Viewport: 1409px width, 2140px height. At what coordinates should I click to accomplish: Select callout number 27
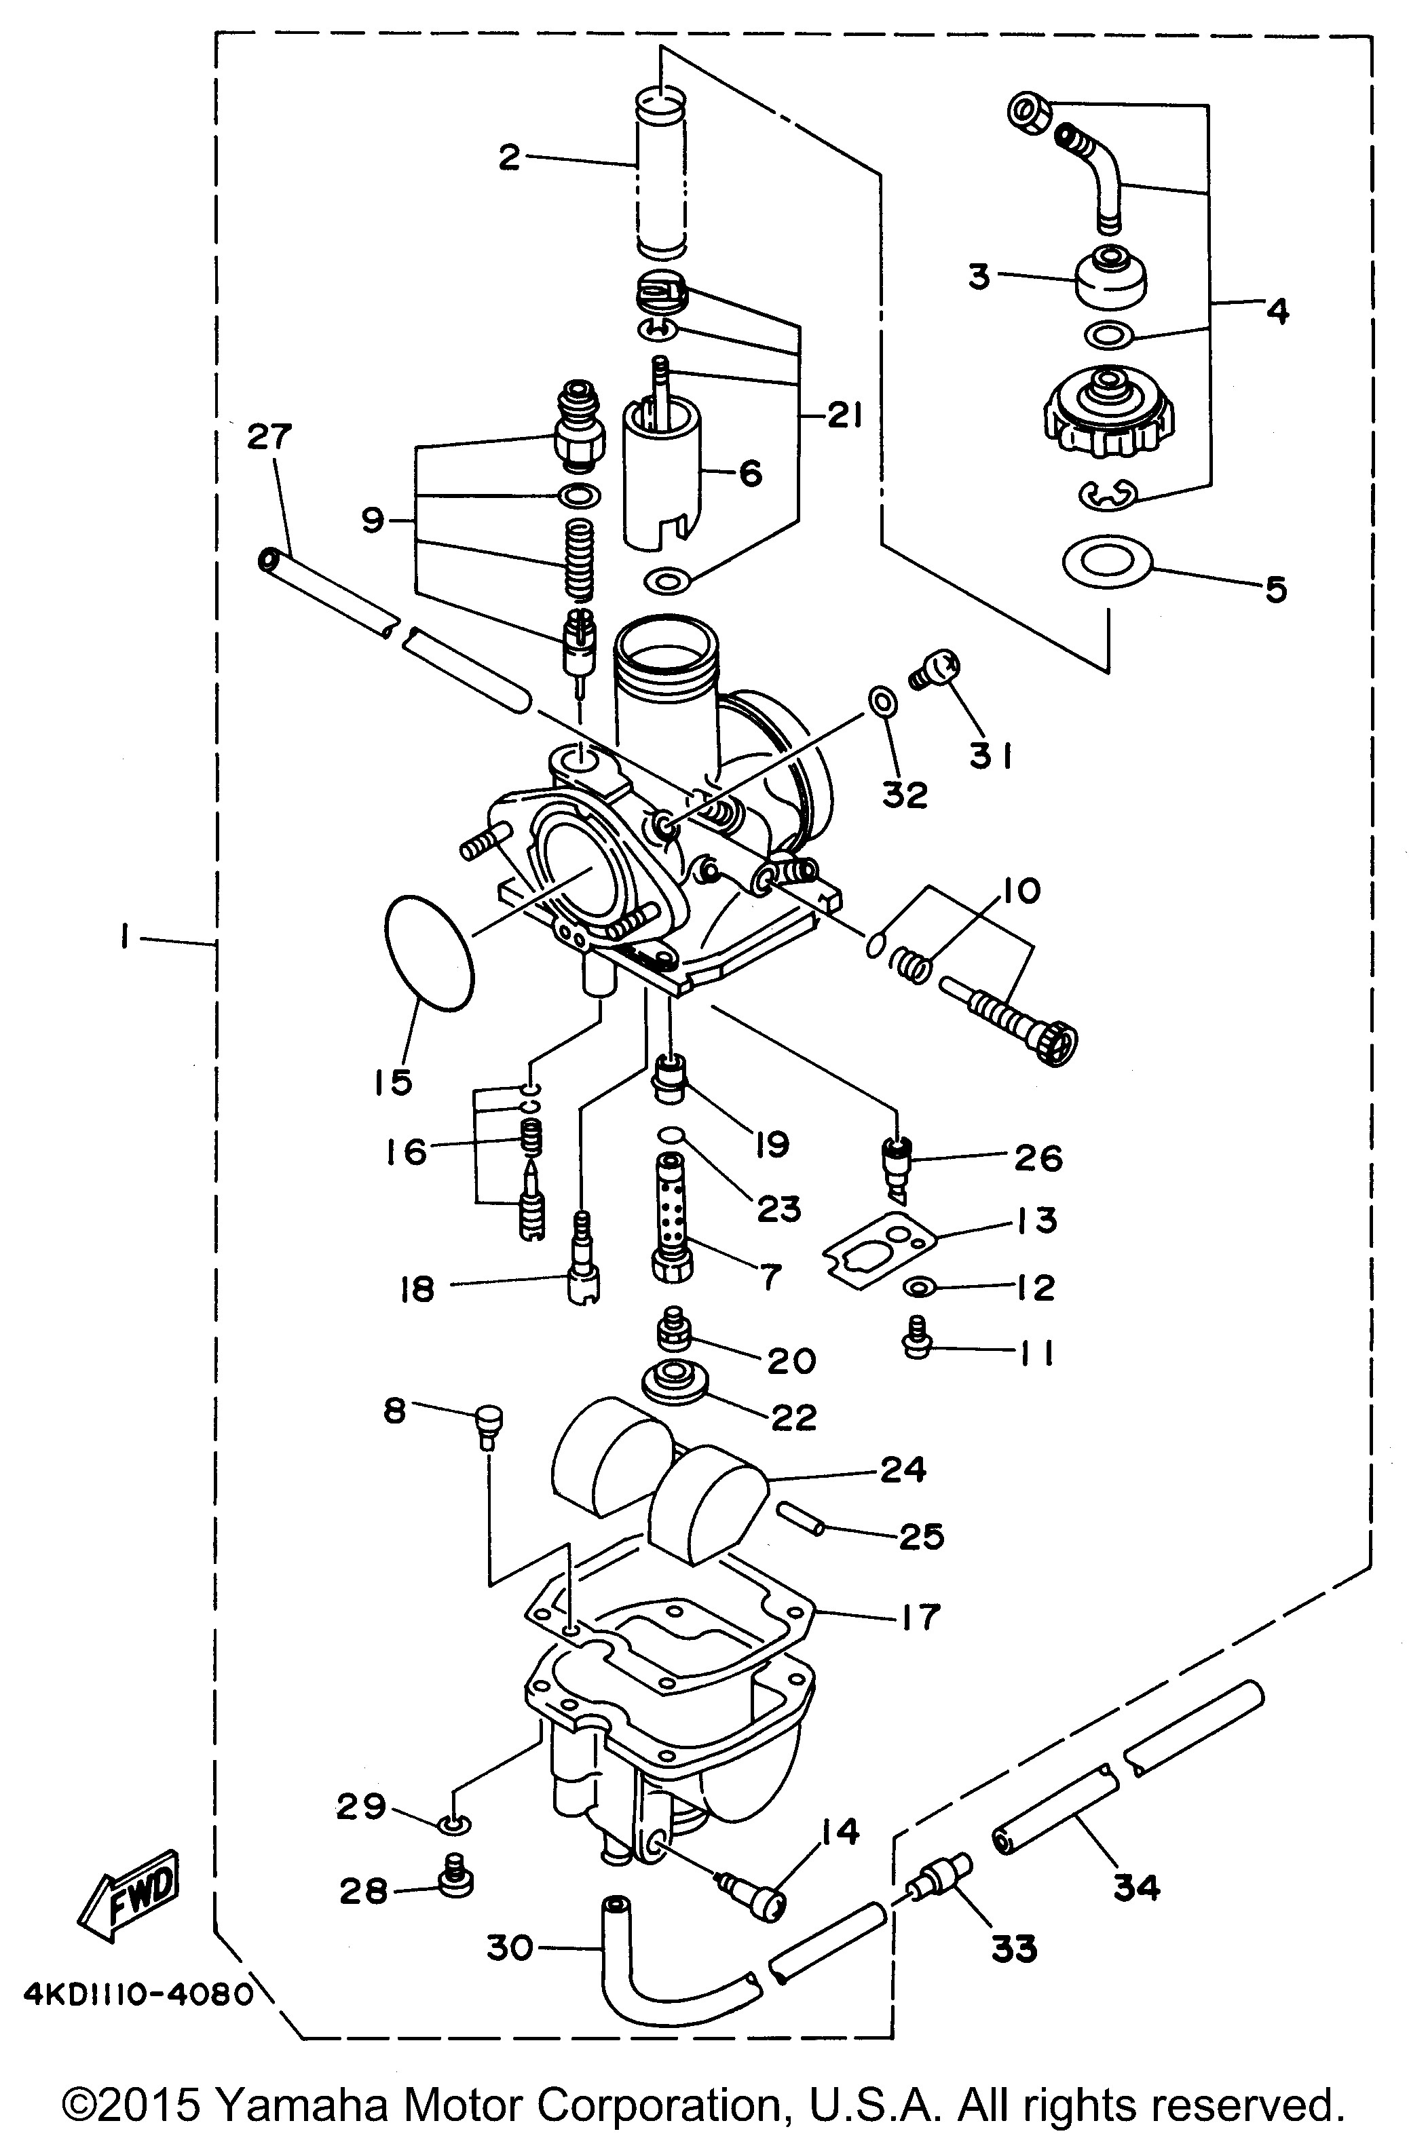[269, 437]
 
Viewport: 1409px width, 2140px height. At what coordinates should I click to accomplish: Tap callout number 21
[844, 417]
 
